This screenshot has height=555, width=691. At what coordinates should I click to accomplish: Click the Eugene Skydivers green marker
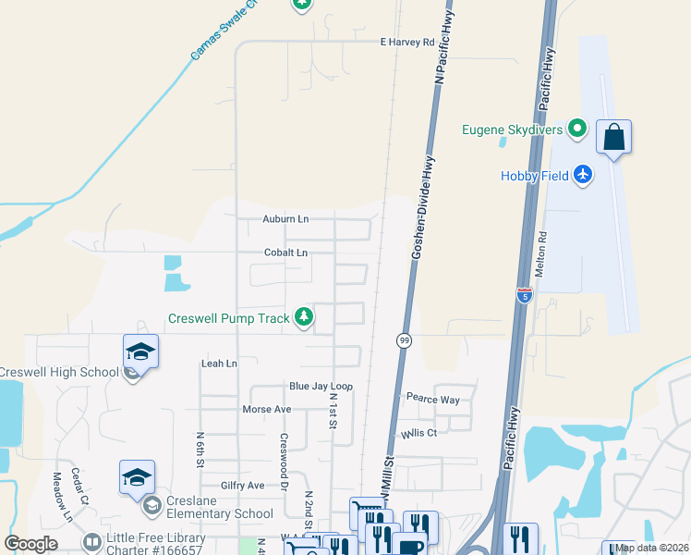point(578,129)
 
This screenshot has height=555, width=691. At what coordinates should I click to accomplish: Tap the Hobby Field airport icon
point(582,174)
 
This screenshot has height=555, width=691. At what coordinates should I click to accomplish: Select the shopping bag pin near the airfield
point(613,139)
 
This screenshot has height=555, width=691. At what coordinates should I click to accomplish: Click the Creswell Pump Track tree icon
point(304,317)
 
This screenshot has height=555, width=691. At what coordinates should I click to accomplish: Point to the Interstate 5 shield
point(525,295)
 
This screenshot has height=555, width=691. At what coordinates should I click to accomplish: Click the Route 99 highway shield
point(404,340)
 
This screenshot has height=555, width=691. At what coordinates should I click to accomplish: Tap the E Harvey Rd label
point(406,43)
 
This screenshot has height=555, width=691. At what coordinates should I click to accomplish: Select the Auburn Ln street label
point(285,219)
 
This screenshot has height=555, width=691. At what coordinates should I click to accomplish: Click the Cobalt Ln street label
point(285,253)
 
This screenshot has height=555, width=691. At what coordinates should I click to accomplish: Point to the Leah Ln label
point(219,364)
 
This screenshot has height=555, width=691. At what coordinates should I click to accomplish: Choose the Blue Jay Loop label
point(321,386)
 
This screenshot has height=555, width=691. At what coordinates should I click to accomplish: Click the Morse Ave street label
point(266,409)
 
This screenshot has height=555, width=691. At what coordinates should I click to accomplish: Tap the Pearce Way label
point(432,399)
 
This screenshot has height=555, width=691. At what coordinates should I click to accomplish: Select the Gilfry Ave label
point(242,485)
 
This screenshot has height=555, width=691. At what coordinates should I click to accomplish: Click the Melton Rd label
point(542,254)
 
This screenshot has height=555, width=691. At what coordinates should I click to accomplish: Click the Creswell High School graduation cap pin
point(139,351)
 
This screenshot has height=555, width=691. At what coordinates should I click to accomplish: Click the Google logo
point(30,544)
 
